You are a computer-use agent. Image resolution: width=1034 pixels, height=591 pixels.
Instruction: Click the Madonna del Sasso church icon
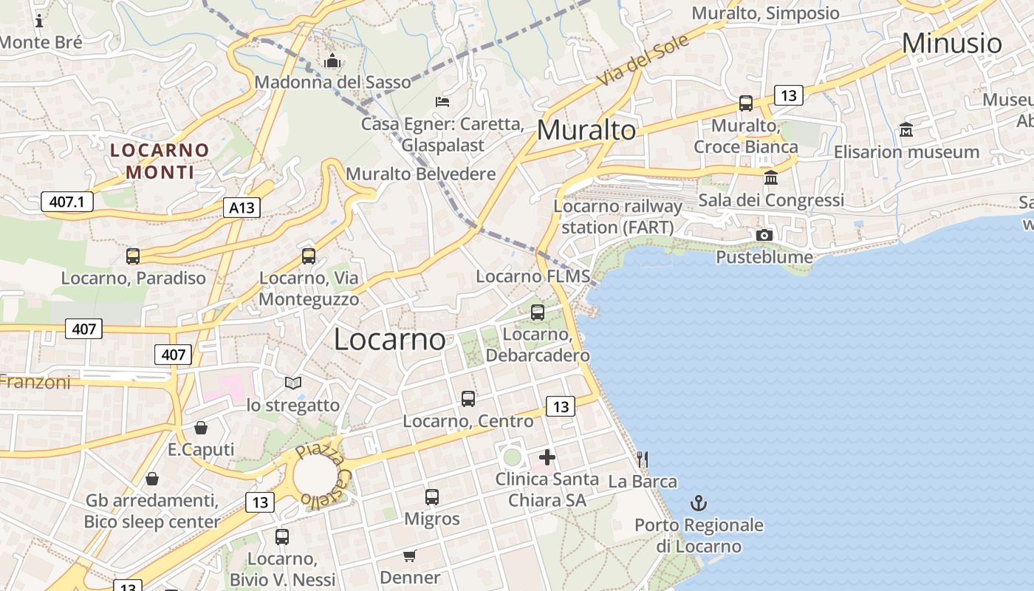332,61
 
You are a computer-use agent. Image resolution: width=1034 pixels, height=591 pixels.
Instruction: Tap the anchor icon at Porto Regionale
698,504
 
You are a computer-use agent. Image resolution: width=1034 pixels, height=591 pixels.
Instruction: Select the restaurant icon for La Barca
643,460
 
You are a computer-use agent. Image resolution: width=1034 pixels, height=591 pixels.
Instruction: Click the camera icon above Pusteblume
764,235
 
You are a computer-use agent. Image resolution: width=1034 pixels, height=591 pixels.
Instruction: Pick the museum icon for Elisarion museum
906,129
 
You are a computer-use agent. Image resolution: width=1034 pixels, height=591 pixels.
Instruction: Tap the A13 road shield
242,208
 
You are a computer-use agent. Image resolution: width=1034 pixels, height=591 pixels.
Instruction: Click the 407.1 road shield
66,201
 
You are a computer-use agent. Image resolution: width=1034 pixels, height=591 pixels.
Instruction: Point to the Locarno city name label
389,339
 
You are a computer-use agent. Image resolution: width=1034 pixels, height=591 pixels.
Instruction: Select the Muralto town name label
586,130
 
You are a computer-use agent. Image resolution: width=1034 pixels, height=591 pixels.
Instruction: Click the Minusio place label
951,43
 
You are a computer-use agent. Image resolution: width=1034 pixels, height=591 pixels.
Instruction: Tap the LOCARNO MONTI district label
160,161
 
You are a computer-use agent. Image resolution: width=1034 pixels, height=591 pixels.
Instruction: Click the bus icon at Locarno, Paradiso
133,256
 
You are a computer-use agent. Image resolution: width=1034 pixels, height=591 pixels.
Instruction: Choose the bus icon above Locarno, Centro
468,399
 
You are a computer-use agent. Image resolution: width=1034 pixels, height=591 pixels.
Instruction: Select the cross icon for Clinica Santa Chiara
547,457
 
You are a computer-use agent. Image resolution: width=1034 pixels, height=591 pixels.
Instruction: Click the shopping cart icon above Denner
410,556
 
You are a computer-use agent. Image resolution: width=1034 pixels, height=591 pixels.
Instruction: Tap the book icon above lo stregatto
293,383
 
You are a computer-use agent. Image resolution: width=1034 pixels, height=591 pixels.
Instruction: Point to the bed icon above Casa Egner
442,101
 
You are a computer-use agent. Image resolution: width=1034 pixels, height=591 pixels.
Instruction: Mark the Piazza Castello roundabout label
323,476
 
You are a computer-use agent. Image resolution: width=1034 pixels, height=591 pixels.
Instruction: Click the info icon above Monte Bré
39,21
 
